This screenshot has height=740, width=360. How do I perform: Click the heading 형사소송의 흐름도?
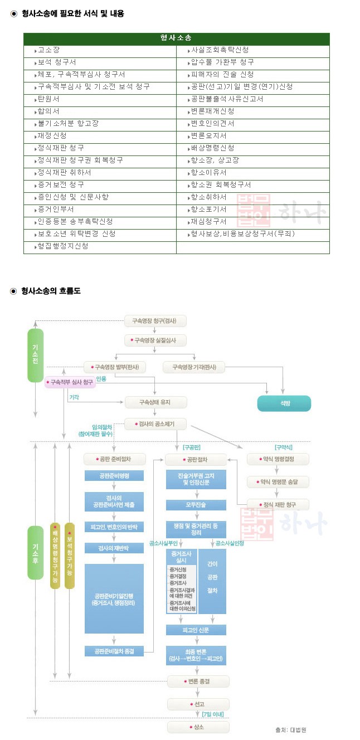[x=51, y=291]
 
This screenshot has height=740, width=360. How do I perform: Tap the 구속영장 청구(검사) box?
[x=155, y=321]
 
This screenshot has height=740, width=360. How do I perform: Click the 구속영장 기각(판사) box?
[x=194, y=367]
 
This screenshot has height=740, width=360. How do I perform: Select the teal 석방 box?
[x=284, y=403]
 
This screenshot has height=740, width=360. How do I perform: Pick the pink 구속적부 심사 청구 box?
[x=70, y=382]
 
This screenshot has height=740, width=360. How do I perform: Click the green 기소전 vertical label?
[x=35, y=355]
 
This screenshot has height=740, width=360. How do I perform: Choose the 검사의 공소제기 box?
[x=155, y=424]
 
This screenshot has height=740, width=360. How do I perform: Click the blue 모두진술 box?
[x=196, y=505]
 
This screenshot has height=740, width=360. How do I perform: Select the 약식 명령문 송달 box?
[x=278, y=482]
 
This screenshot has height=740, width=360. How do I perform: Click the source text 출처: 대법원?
[x=290, y=729]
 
